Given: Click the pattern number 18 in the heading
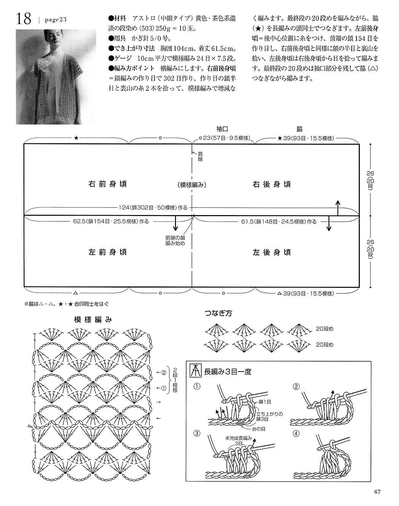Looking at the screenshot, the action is [24, 19].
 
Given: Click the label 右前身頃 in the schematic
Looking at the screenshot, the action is [108, 184].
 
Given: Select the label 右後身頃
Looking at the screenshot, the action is [272, 184].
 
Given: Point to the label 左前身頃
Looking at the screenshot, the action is [108, 252].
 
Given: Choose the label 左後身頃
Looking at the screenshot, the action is [272, 252].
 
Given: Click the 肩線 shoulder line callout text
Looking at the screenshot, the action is [200, 157].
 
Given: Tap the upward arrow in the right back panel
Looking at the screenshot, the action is [338, 208].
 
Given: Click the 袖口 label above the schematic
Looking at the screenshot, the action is [222, 129].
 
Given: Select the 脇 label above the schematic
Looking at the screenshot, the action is [299, 129].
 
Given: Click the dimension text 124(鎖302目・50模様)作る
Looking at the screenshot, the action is [153, 208].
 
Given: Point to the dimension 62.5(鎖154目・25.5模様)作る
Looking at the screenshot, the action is [111, 221].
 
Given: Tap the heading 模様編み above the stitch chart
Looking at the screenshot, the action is [93, 319].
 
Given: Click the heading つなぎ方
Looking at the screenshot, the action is [218, 313].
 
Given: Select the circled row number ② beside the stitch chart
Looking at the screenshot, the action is [164, 372].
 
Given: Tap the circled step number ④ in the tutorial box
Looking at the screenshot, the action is [296, 433].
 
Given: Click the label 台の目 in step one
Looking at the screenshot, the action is [259, 429].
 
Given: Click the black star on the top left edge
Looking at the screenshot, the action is [76, 138].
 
